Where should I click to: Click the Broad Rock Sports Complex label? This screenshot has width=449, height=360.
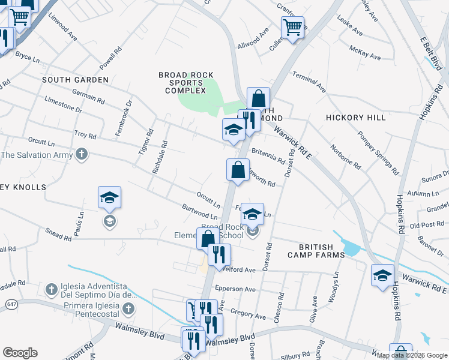(x=185, y=83)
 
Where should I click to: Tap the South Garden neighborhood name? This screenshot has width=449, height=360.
(x=75, y=80)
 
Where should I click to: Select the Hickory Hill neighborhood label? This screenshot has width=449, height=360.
(x=355, y=118)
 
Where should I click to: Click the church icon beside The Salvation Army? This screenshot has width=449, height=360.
(x=82, y=155)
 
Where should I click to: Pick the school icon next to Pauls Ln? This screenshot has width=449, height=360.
(x=109, y=198)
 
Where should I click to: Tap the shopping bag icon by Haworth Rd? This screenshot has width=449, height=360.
(x=238, y=169)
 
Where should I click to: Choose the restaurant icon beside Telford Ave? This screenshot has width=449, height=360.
(x=219, y=255)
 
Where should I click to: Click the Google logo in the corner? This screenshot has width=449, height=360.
(x=20, y=353)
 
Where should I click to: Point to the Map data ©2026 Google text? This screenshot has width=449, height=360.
(x=412, y=355)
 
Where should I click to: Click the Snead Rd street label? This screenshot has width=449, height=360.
(x=58, y=234)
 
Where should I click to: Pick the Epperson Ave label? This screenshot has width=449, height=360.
(x=239, y=289)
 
